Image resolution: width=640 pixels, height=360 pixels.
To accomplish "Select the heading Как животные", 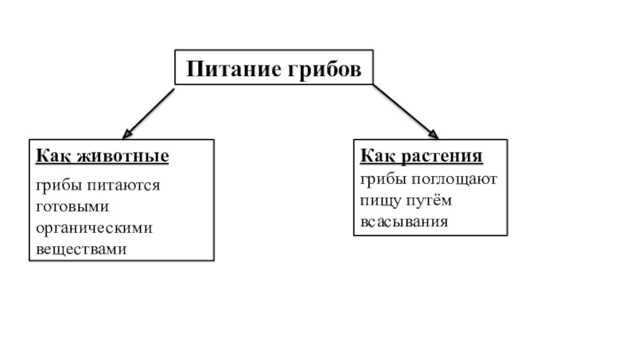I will (102, 155).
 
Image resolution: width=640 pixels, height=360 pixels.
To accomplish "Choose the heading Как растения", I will (421, 154).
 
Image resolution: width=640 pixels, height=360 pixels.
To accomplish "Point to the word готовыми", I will (67, 206).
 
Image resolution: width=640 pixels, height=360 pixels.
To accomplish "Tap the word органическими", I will (94, 228).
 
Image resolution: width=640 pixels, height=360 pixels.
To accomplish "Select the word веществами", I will (81, 249).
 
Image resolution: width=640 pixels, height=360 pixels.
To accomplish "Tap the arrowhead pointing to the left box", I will (126, 133).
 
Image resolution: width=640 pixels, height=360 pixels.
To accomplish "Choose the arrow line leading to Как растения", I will (404, 110).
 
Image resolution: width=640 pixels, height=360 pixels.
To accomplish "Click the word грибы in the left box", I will (56, 186).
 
